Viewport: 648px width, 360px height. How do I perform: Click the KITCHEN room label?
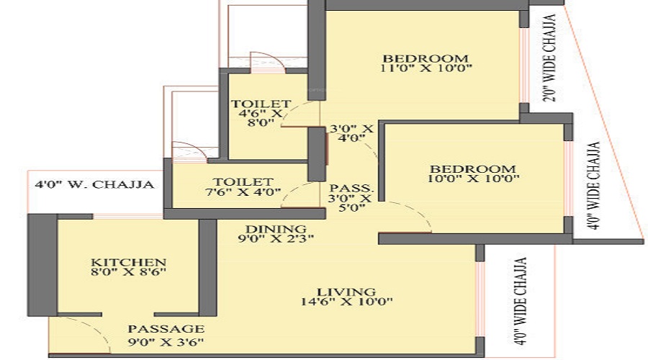click(129, 262)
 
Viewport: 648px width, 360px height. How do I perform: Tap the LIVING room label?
click(346, 292)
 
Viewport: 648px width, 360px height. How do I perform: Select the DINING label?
click(276, 228)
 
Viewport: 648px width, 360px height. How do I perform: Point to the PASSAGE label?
click(166, 328)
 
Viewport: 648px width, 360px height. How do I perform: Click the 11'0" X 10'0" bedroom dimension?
click(426, 68)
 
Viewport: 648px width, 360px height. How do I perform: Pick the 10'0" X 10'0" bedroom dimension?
click(473, 179)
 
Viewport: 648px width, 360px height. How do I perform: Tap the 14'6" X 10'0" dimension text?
click(346, 301)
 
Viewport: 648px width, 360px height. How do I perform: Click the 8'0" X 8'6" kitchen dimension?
click(129, 271)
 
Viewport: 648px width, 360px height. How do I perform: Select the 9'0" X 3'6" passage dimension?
click(166, 342)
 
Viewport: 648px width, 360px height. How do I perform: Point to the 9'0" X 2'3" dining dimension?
click(276, 238)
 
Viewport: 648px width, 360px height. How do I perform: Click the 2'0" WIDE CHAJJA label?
click(549, 58)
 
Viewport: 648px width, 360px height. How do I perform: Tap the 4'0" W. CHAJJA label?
click(94, 184)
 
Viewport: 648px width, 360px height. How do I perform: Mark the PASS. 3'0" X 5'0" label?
click(351, 198)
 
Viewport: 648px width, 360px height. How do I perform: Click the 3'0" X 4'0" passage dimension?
click(351, 133)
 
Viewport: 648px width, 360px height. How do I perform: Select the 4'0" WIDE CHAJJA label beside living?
click(521, 301)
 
